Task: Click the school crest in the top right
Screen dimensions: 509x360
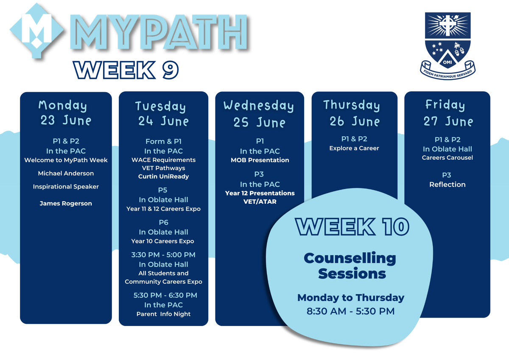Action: click(447, 45)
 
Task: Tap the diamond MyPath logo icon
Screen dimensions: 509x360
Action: click(36, 31)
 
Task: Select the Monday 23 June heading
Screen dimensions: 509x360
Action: click(65, 113)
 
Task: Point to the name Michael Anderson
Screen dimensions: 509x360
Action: click(66, 173)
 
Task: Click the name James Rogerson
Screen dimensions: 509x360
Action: click(66, 203)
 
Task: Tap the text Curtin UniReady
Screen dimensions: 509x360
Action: click(164, 177)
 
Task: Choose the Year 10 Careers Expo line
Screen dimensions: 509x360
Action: click(163, 241)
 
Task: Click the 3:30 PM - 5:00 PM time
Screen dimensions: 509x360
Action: click(163, 255)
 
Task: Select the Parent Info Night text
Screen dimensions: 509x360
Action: click(164, 314)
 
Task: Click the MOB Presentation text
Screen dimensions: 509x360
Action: click(260, 160)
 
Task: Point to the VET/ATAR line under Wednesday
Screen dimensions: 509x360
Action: click(260, 202)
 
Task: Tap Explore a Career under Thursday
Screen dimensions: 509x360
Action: click(354, 148)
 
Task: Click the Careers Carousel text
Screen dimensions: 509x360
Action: click(447, 157)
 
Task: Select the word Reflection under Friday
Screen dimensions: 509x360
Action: click(447, 184)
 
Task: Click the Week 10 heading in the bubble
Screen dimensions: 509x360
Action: click(352, 227)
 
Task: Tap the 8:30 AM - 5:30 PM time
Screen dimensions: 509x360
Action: click(351, 311)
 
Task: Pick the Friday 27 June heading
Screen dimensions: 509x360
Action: click(447, 113)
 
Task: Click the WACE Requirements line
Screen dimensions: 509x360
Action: click(164, 160)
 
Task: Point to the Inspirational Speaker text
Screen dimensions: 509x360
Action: click(66, 187)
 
